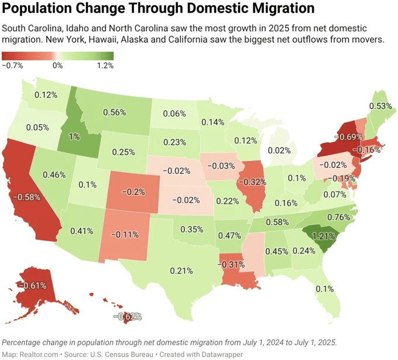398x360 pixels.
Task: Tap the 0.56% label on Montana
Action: pos(115,112)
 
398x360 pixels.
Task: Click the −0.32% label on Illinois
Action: pos(253,181)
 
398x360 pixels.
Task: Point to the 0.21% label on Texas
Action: pos(181,270)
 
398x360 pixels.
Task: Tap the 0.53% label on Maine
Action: pos(380,106)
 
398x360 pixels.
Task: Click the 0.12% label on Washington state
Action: pos(46,95)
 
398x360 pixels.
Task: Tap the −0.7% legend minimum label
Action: pos(13,66)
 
